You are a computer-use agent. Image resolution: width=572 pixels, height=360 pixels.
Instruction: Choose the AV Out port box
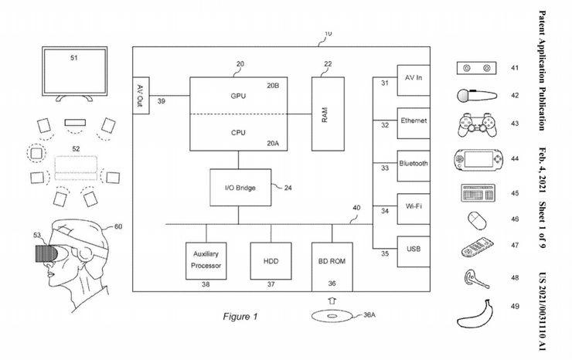tap(141, 97)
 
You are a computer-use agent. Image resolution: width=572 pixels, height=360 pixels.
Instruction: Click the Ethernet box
tap(413, 122)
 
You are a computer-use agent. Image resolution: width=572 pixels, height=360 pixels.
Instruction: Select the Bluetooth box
tap(413, 165)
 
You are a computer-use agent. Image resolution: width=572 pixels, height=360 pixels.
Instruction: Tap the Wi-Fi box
tap(413, 207)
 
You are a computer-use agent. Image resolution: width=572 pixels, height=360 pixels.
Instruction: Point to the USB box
tap(413, 250)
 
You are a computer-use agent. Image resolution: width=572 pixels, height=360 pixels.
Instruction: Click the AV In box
tap(413, 79)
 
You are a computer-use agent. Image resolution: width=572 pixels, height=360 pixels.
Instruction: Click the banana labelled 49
tap(477, 315)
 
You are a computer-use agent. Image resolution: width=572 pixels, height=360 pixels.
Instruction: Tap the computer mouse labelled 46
tap(476, 220)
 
